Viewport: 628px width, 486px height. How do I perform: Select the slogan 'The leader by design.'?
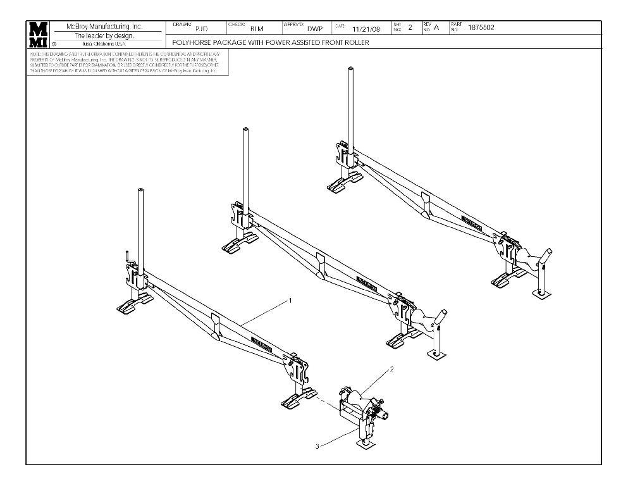106,35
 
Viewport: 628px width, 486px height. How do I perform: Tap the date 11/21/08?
366,28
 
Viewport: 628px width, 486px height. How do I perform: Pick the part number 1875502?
481,27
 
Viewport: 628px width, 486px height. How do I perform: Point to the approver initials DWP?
314,28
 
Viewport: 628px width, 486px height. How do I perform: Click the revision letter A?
436,28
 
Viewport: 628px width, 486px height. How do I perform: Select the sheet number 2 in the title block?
410,27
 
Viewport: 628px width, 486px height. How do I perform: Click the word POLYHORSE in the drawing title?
192,43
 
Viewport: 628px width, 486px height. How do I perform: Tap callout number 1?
290,300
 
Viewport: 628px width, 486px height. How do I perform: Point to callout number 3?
317,446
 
